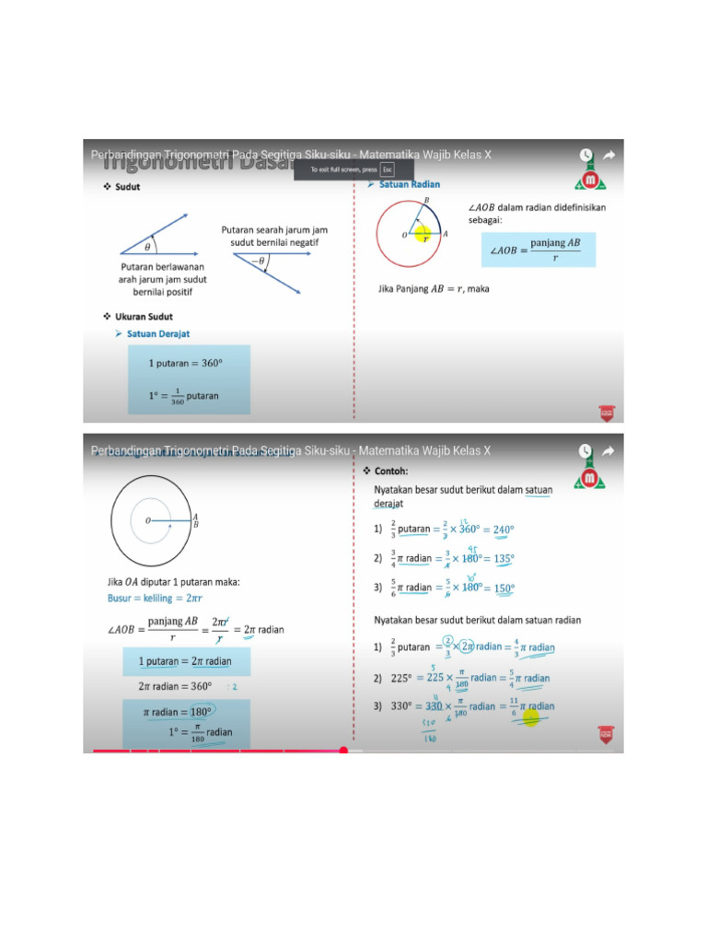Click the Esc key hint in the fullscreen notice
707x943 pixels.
(388, 170)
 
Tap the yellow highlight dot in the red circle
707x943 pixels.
(423, 233)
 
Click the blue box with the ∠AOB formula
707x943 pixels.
(539, 249)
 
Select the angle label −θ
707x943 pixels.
(260, 262)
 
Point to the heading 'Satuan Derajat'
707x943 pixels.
(157, 333)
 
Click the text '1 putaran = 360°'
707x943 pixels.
(185, 363)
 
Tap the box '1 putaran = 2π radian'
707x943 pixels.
(185, 661)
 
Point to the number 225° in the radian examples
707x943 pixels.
(400, 678)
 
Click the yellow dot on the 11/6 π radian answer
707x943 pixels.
(531, 716)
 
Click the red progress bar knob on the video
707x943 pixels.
(343, 751)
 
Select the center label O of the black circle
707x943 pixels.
(146, 520)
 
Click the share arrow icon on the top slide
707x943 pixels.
(608, 155)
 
